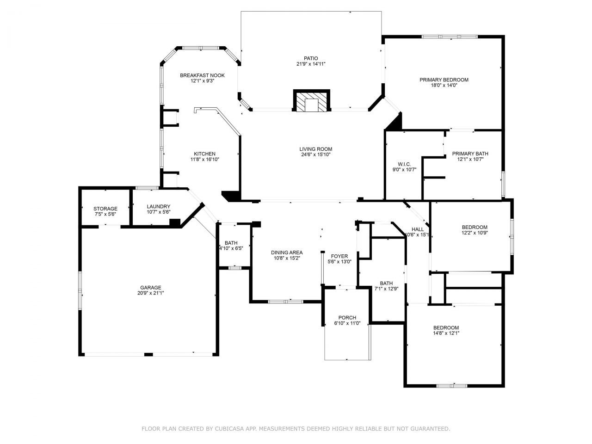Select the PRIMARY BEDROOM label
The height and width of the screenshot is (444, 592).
[444, 80]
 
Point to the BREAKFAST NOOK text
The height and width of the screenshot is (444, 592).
[202, 75]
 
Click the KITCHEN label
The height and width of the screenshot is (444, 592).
[204, 154]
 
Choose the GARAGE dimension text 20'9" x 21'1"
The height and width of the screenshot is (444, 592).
[151, 293]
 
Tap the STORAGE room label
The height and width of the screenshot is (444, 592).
[105, 209]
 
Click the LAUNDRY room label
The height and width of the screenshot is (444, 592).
[159, 207]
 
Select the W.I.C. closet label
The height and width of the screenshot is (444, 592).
[404, 164]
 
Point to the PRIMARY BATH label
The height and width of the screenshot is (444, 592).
[470, 154]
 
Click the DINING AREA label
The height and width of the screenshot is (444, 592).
[287, 253]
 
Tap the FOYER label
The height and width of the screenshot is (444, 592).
[339, 256]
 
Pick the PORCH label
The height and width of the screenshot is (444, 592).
[347, 317]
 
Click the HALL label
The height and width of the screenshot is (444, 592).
[418, 229]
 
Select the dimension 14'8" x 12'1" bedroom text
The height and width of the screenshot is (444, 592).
[446, 333]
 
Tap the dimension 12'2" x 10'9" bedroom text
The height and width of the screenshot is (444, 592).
[475, 233]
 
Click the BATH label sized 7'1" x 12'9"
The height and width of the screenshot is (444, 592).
[386, 284]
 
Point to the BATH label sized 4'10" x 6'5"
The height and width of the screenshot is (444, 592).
[231, 243]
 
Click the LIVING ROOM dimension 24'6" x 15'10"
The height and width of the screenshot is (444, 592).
[315, 154]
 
